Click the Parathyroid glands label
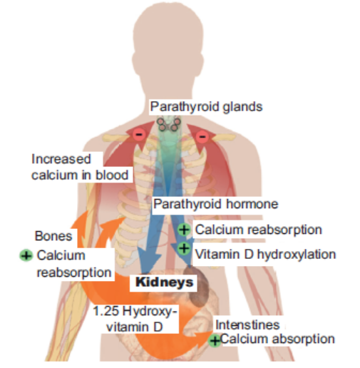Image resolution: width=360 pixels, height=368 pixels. (x=206, y=107)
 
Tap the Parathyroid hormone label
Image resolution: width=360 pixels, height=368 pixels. (x=215, y=204)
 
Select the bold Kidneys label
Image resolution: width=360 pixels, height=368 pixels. (x=164, y=282)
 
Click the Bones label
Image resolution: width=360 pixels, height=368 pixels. (x=53, y=236)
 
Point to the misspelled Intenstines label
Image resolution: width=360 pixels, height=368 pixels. (x=247, y=324)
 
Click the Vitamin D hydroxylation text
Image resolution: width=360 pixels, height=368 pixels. (x=265, y=254)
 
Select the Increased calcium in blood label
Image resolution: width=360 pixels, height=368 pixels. (x=80, y=167)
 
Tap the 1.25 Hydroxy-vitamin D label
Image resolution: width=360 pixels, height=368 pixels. (x=135, y=319)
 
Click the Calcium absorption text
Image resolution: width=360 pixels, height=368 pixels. (x=277, y=339)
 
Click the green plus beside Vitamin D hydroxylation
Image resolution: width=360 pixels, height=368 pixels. (x=184, y=248)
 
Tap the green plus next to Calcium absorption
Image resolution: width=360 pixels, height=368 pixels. (x=215, y=341)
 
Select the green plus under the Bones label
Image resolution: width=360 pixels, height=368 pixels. (x=26, y=255)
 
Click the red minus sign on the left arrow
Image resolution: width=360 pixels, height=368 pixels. (x=139, y=134)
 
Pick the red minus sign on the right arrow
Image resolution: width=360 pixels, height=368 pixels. (x=202, y=137)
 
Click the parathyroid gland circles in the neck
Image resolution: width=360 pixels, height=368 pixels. (x=169, y=123)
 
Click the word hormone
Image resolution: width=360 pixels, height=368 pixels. (x=252, y=204)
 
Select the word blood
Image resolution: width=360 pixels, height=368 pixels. (x=112, y=175)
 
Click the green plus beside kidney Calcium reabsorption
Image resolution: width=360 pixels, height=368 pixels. (x=184, y=230)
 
